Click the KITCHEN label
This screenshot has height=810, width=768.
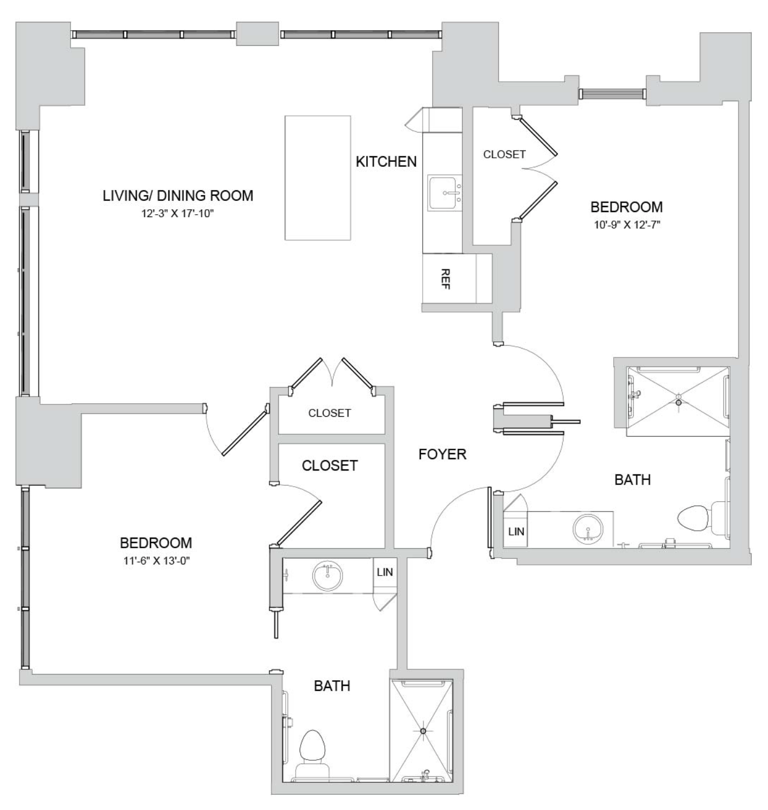(x=386, y=162)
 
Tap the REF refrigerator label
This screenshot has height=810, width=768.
(x=445, y=279)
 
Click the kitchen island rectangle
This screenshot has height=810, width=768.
(x=317, y=177)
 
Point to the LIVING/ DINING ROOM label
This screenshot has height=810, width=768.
(x=178, y=195)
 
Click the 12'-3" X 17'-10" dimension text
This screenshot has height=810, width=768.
(x=178, y=214)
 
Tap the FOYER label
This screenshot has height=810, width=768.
(x=442, y=454)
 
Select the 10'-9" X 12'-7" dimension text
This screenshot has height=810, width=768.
(x=627, y=225)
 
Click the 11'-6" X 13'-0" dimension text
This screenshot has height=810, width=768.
(x=156, y=561)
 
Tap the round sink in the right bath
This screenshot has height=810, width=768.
(x=587, y=528)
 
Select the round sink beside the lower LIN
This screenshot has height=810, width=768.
(x=328, y=576)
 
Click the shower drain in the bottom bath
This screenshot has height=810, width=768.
(x=423, y=731)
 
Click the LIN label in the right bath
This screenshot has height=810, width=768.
(x=516, y=531)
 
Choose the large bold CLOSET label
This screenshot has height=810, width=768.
(x=329, y=465)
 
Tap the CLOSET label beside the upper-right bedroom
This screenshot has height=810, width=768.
(x=504, y=154)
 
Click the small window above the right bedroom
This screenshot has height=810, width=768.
(x=612, y=94)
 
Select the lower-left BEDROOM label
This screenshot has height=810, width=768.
(x=156, y=543)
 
